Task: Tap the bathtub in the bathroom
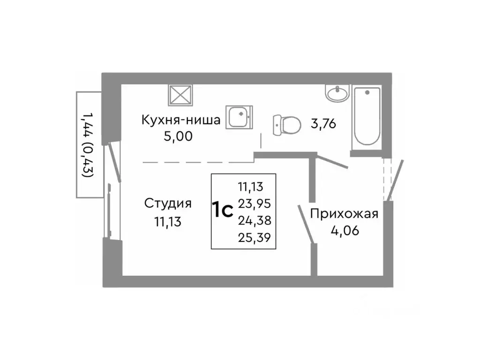[x=367, y=117]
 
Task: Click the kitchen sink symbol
[x=240, y=116]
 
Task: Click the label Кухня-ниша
[x=181, y=120]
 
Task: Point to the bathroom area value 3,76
[x=323, y=124]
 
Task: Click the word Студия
[x=168, y=203]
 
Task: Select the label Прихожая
[x=344, y=214]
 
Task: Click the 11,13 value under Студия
[x=168, y=221]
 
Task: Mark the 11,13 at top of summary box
[x=251, y=187]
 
